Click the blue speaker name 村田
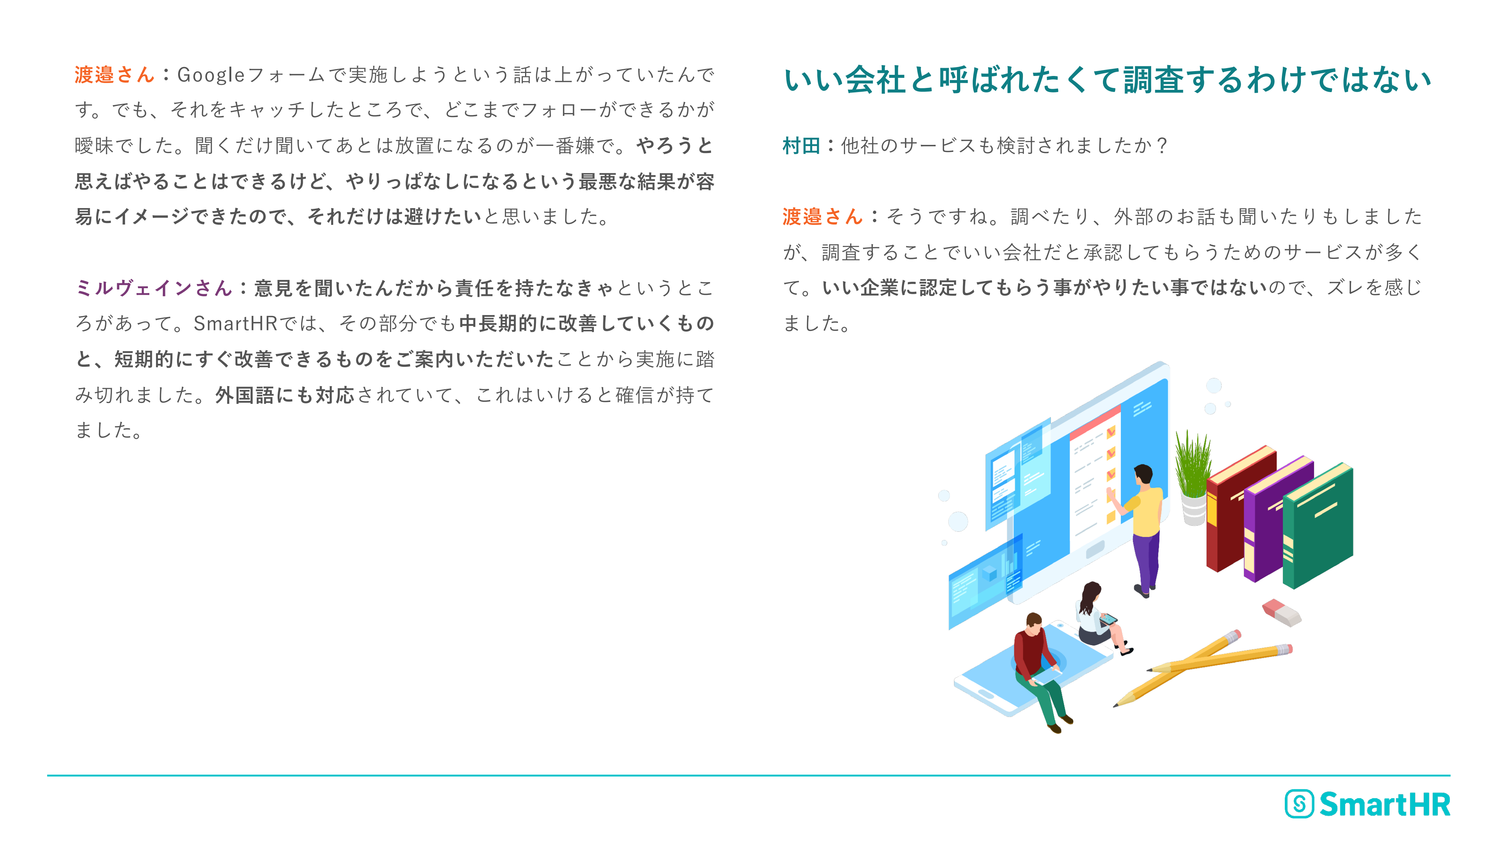(801, 146)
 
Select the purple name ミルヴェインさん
(154, 288)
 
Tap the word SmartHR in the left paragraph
(235, 324)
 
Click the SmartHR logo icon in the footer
(1299, 804)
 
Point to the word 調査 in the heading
(1153, 80)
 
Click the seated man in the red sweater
(1040, 671)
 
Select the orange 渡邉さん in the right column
(822, 217)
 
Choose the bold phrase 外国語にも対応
(285, 395)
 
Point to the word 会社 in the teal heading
(875, 80)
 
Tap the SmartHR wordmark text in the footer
(1385, 804)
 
